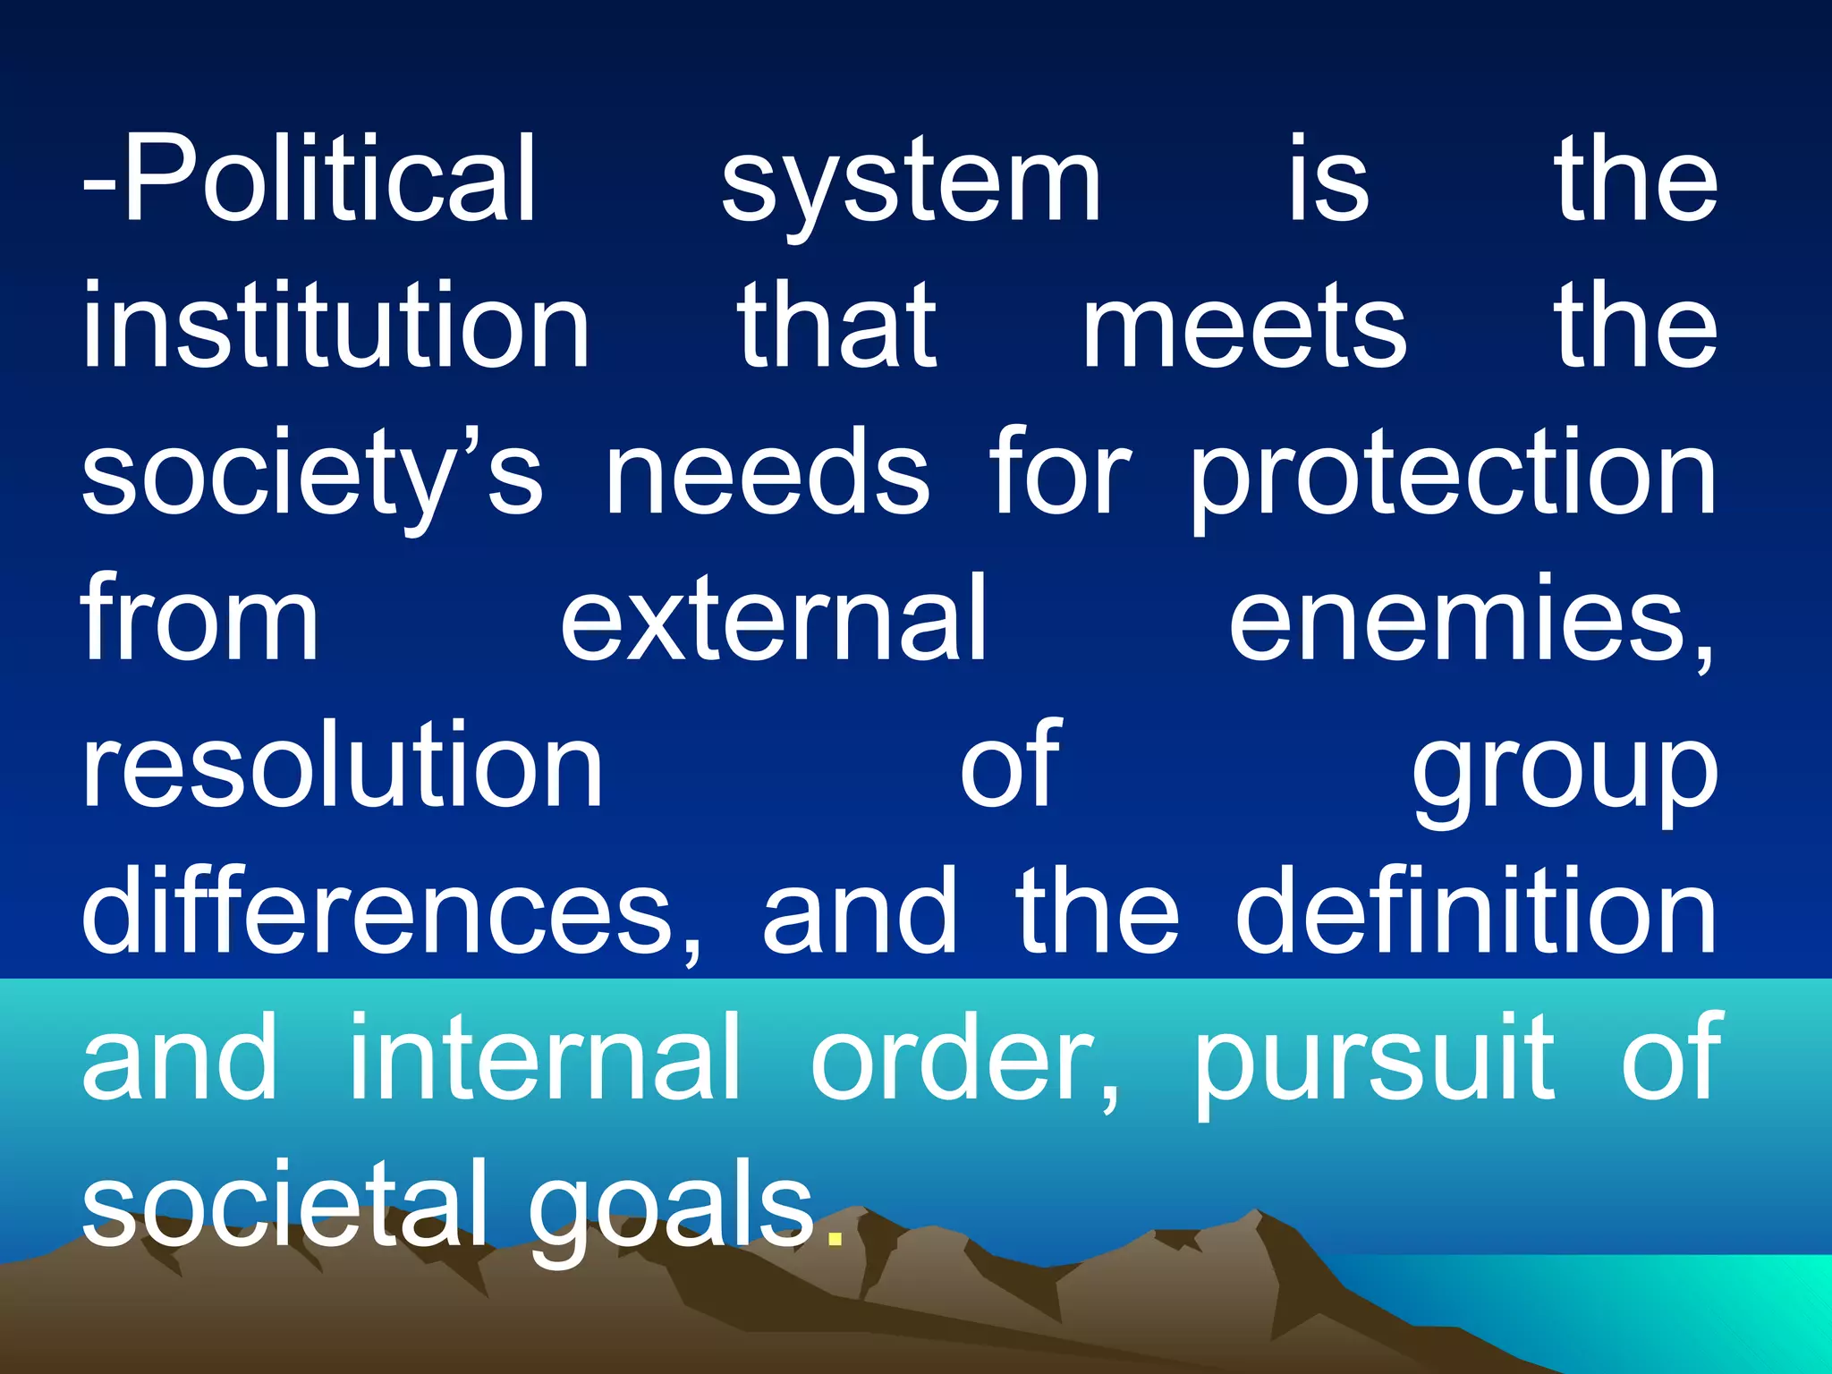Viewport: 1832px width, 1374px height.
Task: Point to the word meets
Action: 1244,326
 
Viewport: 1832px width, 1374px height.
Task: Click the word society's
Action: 311,474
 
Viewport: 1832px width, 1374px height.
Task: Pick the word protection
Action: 1453,474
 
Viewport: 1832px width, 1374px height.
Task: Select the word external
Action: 773,618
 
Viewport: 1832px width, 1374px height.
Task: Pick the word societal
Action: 284,1202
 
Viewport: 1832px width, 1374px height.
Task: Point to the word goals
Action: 671,1208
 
